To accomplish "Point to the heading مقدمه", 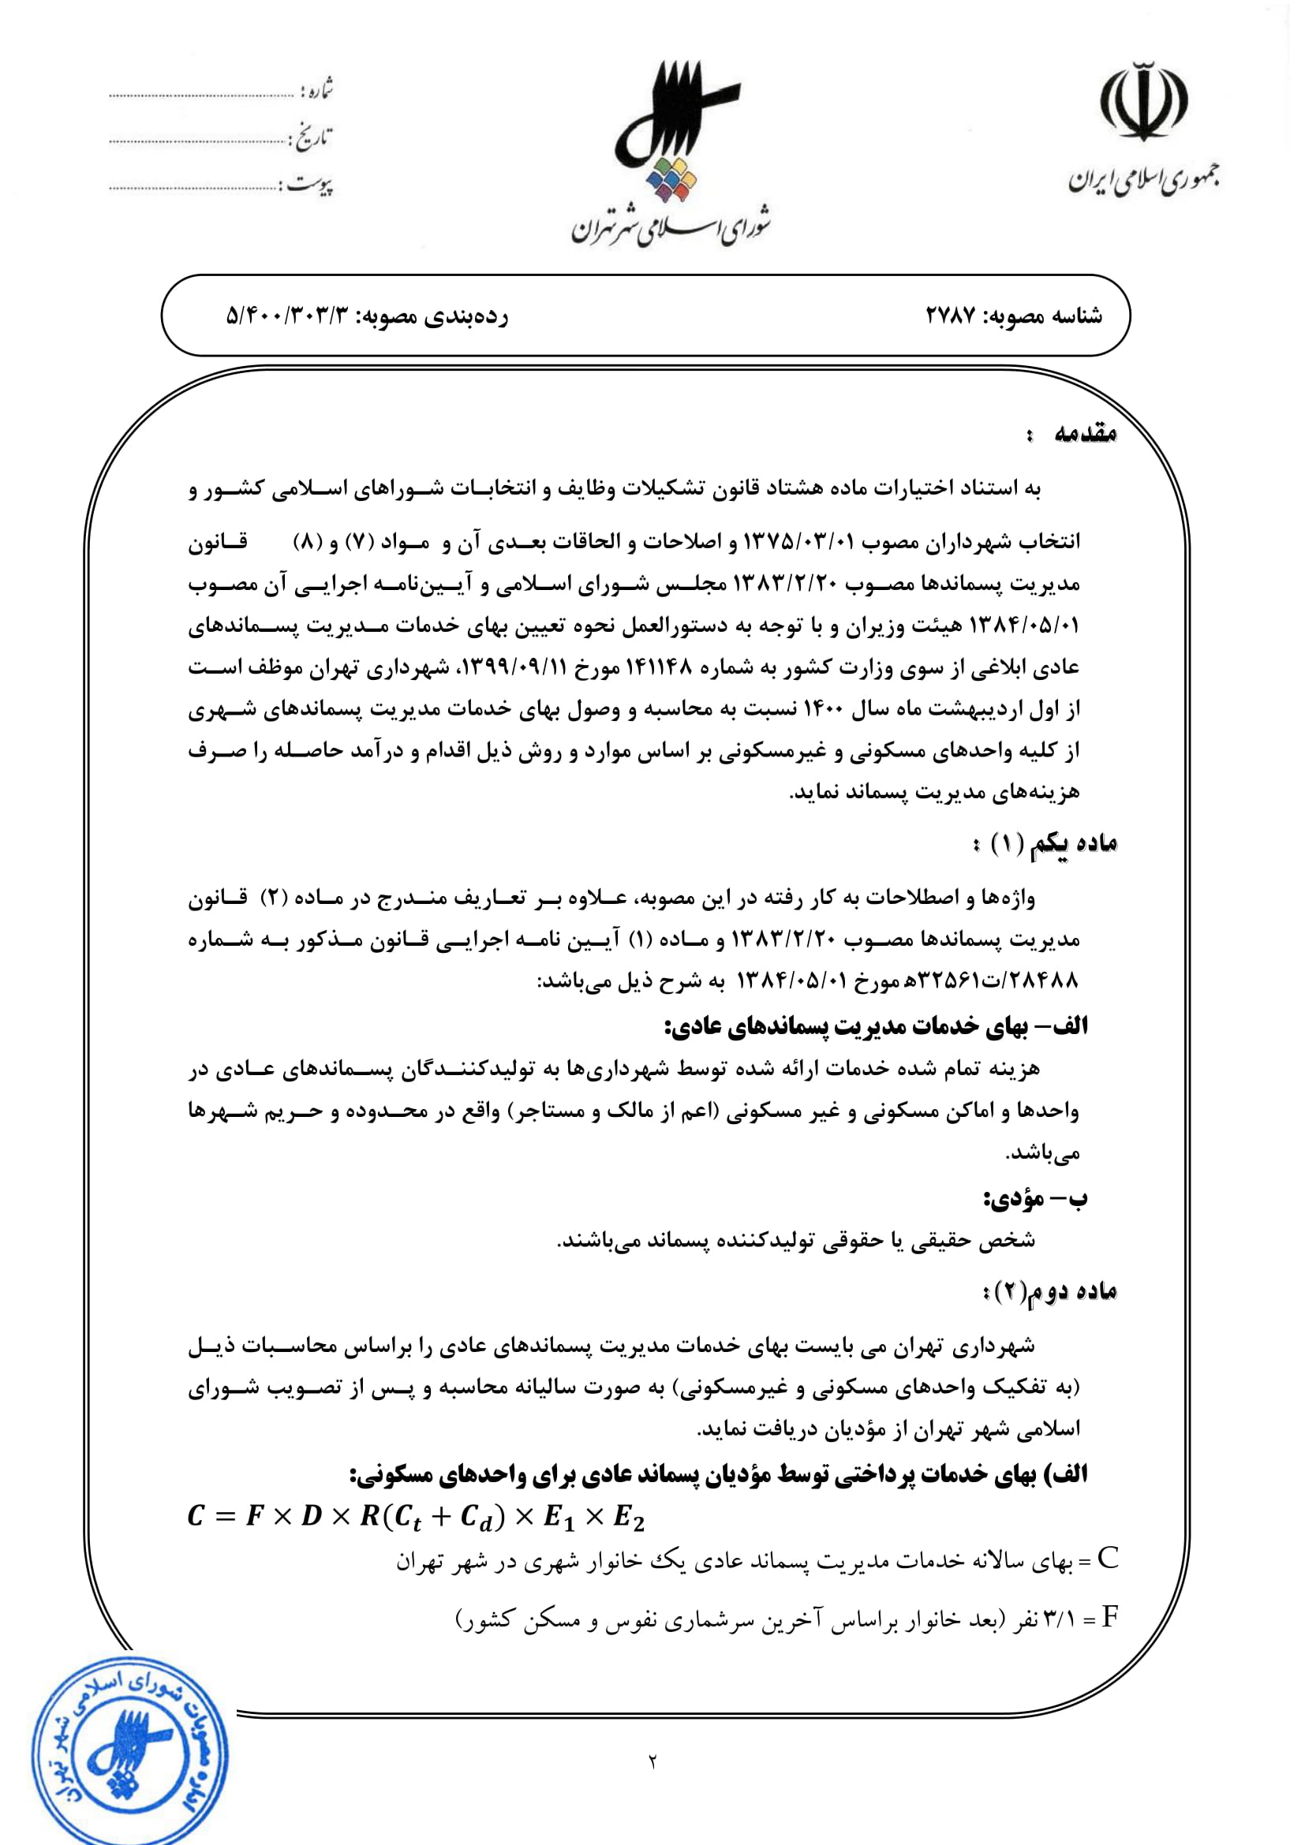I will pos(1086,434).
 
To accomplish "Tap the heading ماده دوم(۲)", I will pos(1049,1291).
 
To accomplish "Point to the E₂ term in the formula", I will pos(629,1517).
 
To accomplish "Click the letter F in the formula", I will pos(255,1515).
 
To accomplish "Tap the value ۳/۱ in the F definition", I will pos(1057,1619).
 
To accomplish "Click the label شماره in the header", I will pos(316,90).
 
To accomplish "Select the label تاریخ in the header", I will pos(311,138).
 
